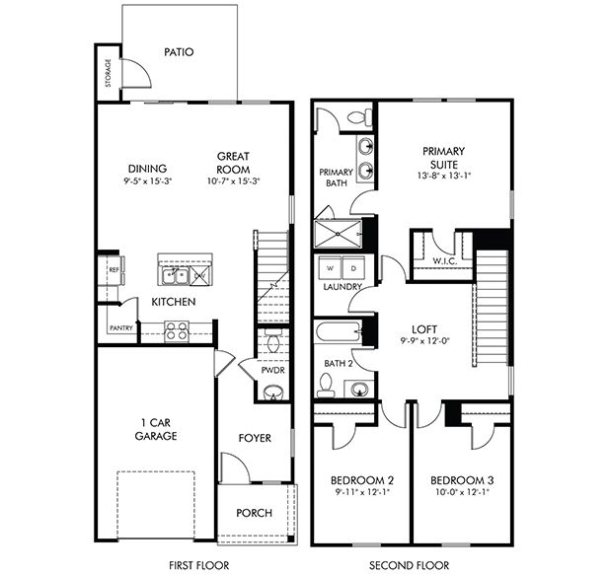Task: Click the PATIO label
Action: (179, 52)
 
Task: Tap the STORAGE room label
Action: (109, 73)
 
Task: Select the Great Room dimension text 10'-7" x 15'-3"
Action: (233, 180)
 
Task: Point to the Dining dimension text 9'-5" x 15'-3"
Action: (148, 180)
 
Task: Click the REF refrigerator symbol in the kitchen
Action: (114, 270)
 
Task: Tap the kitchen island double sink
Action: (177, 276)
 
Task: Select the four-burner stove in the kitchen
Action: (177, 330)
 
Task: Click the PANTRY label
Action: (121, 328)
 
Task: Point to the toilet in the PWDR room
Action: (273, 342)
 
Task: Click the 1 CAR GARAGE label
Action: (155, 429)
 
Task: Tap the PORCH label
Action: (255, 513)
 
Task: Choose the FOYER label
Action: (255, 438)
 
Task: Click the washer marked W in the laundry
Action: (330, 268)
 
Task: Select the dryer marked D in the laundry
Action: (353, 268)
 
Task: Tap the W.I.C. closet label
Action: (445, 261)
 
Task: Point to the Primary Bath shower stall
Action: (338, 234)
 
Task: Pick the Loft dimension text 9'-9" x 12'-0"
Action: (424, 341)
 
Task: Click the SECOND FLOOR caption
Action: (409, 565)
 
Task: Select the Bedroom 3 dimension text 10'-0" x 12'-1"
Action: (462, 492)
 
